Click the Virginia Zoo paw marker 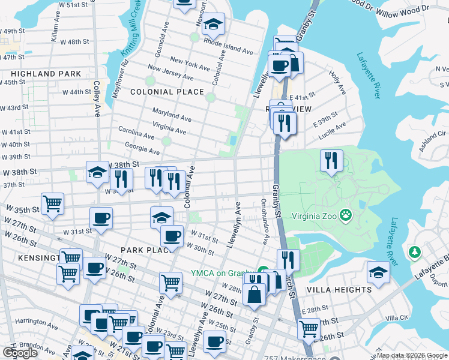346,215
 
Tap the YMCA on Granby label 223,273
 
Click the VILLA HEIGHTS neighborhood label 339,290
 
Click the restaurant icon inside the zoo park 331,161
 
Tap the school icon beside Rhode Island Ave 212,25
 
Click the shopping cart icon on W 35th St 53,203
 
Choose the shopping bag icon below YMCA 255,295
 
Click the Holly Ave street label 337,83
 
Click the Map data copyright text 412,355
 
